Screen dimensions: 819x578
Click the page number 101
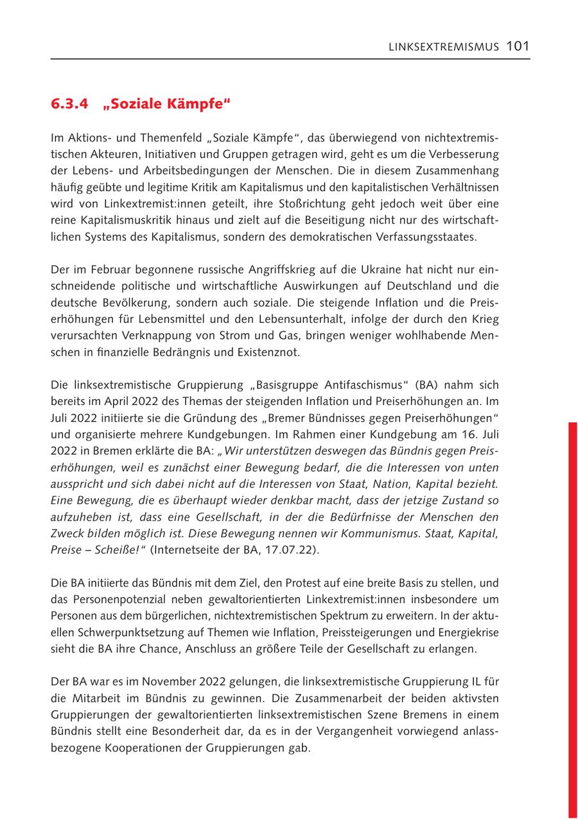click(x=517, y=46)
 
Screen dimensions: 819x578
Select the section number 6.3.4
click(x=69, y=104)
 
